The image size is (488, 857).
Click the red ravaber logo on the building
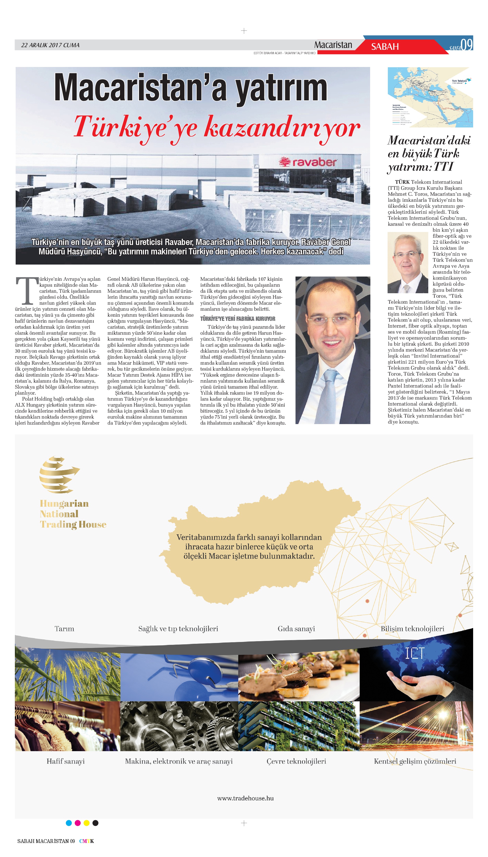point(308,162)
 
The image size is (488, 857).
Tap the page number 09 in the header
point(467,45)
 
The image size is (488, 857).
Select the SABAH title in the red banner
point(385,47)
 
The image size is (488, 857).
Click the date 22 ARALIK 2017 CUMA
point(50,45)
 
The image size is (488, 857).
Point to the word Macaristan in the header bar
point(333,45)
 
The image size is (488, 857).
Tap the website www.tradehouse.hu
point(245,798)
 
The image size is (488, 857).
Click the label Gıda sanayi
point(296,629)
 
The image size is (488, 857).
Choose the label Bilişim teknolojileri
point(412,629)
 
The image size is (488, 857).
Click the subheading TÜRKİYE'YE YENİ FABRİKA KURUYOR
point(238,319)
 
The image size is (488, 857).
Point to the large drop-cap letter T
point(27,290)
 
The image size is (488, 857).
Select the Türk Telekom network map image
point(430,97)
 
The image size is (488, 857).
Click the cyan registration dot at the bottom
point(69,823)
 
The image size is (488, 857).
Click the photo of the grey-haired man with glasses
point(408,263)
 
